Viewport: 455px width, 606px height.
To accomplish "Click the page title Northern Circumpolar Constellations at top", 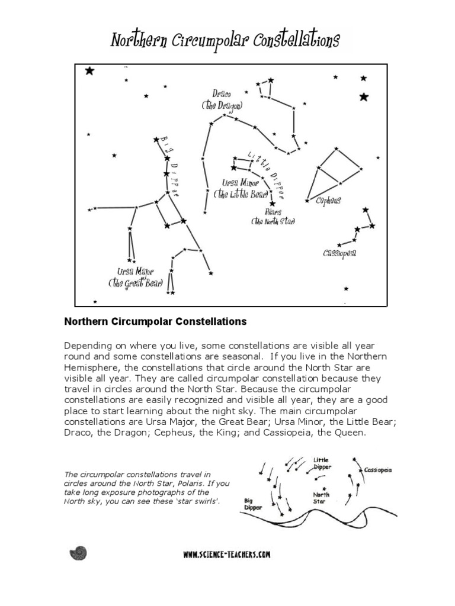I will pos(225,41).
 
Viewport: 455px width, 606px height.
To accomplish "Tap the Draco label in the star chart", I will pos(222,94).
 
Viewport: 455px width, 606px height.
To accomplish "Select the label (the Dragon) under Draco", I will pos(222,105).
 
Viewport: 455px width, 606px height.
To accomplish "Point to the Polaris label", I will pos(274,211).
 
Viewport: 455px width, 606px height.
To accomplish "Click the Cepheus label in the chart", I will pos(328,201).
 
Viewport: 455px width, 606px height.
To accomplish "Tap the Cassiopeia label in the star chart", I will pos(339,253).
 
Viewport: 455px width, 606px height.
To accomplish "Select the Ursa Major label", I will pos(136,272).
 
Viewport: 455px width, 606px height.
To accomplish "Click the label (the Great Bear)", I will pos(135,283).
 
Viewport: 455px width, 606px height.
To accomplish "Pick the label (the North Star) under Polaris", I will pos(273,221).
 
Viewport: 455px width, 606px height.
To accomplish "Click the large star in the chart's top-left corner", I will pos(89,71).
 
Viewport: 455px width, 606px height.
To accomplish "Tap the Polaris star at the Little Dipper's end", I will pos(273,203).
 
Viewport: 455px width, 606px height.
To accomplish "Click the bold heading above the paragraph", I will pos(155,322).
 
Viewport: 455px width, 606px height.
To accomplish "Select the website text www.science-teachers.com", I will pos(227,555).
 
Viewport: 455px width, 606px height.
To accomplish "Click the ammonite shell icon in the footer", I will pos(78,553).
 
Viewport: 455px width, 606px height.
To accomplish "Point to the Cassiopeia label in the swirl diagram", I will pos(378,470).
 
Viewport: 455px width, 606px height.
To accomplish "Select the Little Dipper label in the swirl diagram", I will pos(321,463).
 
